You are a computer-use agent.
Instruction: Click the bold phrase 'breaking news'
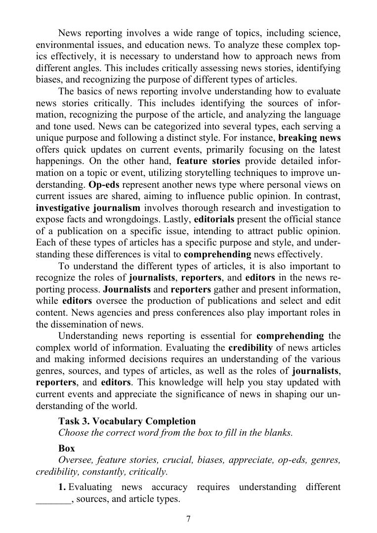click(x=309, y=138)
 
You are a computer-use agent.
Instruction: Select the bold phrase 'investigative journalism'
click(x=88, y=207)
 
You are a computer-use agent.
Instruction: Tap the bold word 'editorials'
click(x=214, y=219)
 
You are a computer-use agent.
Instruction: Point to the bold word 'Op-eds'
click(x=103, y=185)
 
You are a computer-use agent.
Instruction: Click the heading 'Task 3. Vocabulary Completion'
click(x=127, y=421)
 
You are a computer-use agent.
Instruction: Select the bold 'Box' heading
click(x=66, y=449)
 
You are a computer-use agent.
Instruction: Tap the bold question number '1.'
click(x=62, y=488)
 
